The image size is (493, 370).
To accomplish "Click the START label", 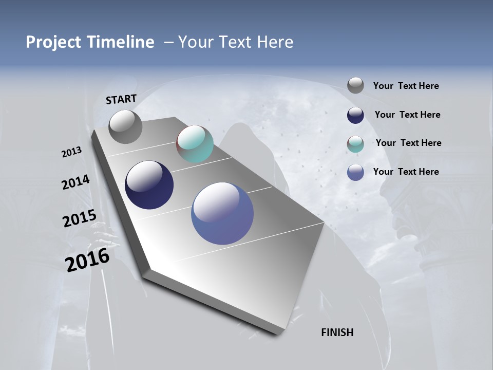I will point(121,99).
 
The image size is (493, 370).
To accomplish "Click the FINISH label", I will point(337,332).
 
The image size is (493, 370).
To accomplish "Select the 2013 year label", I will point(71,152).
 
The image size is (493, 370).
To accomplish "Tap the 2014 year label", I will point(75,182).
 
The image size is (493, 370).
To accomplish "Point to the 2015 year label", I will point(79,218).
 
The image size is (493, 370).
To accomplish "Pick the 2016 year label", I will point(87,260).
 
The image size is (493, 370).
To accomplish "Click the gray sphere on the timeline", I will point(125,127).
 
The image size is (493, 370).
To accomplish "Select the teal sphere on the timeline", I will point(195,144).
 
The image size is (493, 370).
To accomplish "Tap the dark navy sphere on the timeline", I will point(149,185).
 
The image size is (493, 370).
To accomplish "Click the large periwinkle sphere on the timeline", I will point(222,213).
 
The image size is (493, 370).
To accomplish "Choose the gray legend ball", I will point(355,85).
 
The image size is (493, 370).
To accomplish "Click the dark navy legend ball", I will point(355,115).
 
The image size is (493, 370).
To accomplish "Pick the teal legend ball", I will point(355,143).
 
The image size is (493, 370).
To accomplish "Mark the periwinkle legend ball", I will point(355,172).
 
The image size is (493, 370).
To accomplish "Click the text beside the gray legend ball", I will point(406,86).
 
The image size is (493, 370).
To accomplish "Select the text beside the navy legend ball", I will point(407,115).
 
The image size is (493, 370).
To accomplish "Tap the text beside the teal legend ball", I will point(408,143).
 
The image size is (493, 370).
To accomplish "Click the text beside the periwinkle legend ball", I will point(406,172).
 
